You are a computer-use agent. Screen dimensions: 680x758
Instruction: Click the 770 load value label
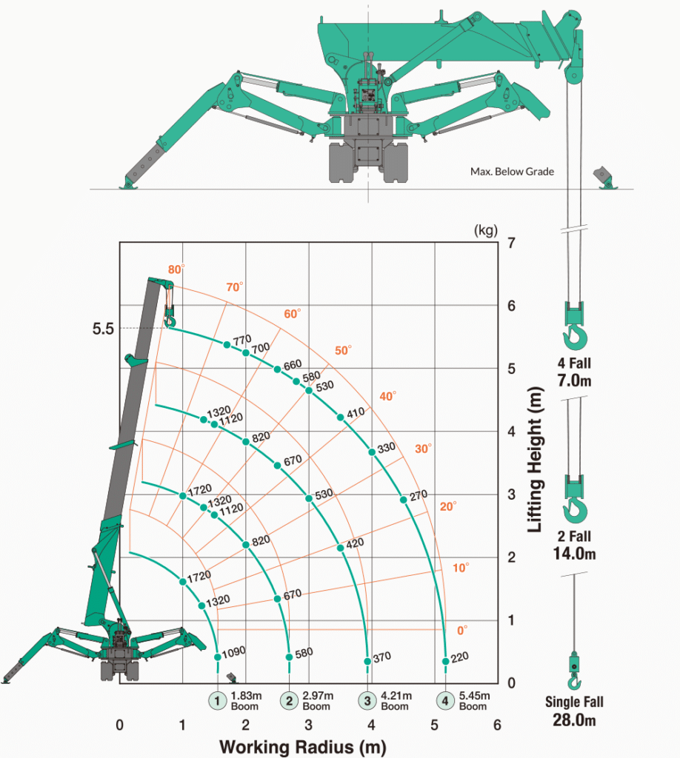click(241, 341)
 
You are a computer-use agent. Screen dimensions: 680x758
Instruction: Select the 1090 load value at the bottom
click(233, 653)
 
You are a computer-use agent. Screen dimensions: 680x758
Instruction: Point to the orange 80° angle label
click(176, 269)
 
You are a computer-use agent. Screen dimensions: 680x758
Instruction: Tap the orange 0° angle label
click(462, 631)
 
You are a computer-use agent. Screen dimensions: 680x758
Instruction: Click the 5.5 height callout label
click(103, 329)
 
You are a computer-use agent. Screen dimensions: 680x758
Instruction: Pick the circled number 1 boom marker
click(217, 700)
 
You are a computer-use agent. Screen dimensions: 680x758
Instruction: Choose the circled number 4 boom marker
click(445, 700)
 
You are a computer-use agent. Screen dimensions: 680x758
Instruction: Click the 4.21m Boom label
click(396, 701)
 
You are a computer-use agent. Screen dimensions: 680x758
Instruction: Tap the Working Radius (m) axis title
click(303, 747)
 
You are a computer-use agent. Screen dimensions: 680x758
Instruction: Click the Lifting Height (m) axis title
click(535, 459)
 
